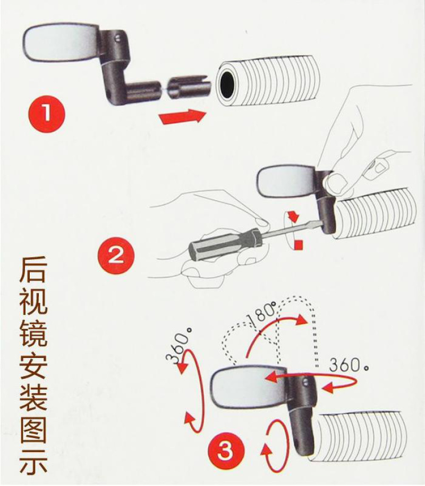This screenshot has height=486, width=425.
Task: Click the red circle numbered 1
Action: tap(47, 114)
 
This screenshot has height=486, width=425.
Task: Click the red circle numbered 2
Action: tap(116, 255)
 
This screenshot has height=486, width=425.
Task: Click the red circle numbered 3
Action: tap(225, 450)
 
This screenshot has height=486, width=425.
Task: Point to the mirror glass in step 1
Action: tap(61, 42)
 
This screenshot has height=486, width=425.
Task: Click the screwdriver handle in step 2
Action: tap(224, 244)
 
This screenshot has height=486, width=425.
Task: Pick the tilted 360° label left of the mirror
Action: tap(179, 346)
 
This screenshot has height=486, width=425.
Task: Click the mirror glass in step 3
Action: tap(248, 387)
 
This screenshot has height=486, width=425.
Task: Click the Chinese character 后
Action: tap(33, 268)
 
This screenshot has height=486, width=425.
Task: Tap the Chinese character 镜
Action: tap(33, 334)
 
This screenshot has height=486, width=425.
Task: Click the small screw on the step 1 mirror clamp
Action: tap(118, 38)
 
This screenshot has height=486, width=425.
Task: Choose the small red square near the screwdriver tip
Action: tap(299, 244)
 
